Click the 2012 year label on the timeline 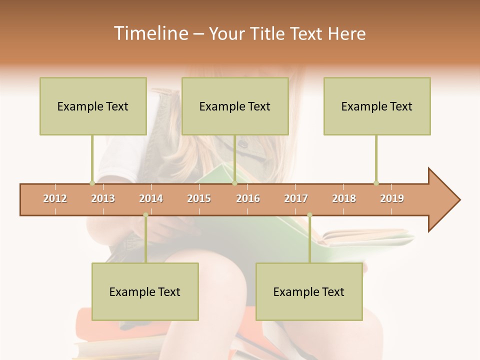[x=55, y=198]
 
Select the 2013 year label [x=103, y=198]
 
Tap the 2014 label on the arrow [x=151, y=198]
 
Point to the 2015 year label [x=199, y=198]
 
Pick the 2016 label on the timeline [x=248, y=198]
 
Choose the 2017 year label [x=296, y=198]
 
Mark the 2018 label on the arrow [x=344, y=198]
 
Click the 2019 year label [x=392, y=198]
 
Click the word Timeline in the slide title [x=150, y=33]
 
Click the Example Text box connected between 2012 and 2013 [x=93, y=106]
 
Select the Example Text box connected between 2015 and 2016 [x=235, y=106]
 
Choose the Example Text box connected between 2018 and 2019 [x=377, y=106]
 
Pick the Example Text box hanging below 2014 [x=145, y=291]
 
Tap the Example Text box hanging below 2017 [x=309, y=291]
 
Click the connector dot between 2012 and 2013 [x=92, y=183]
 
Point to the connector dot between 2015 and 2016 [x=234, y=183]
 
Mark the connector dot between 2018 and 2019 [x=376, y=183]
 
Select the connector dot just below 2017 [x=309, y=215]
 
